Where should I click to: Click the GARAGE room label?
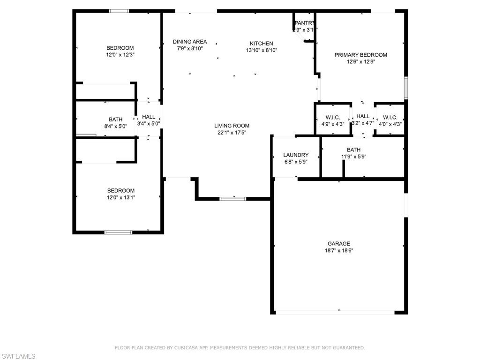click(x=338, y=244)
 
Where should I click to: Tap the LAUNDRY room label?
click(x=296, y=155)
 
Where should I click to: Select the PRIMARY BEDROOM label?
click(x=360, y=55)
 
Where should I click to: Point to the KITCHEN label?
click(x=261, y=44)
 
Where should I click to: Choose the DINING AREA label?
click(x=189, y=42)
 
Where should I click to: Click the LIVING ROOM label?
click(x=232, y=126)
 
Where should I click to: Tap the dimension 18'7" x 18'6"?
click(x=338, y=251)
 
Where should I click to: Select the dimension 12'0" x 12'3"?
click(x=120, y=55)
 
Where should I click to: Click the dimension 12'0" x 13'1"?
click(x=120, y=197)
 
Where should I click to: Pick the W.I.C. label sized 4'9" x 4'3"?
click(x=333, y=117)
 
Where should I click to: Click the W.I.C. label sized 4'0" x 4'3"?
click(x=390, y=117)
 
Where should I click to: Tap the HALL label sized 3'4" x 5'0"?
click(x=149, y=117)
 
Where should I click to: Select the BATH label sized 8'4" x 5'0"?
click(x=115, y=120)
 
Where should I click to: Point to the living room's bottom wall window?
click(x=233, y=199)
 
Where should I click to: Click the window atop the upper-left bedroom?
click(x=119, y=11)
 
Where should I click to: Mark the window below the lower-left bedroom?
click(x=118, y=232)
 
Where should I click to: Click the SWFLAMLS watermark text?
click(x=18, y=356)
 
